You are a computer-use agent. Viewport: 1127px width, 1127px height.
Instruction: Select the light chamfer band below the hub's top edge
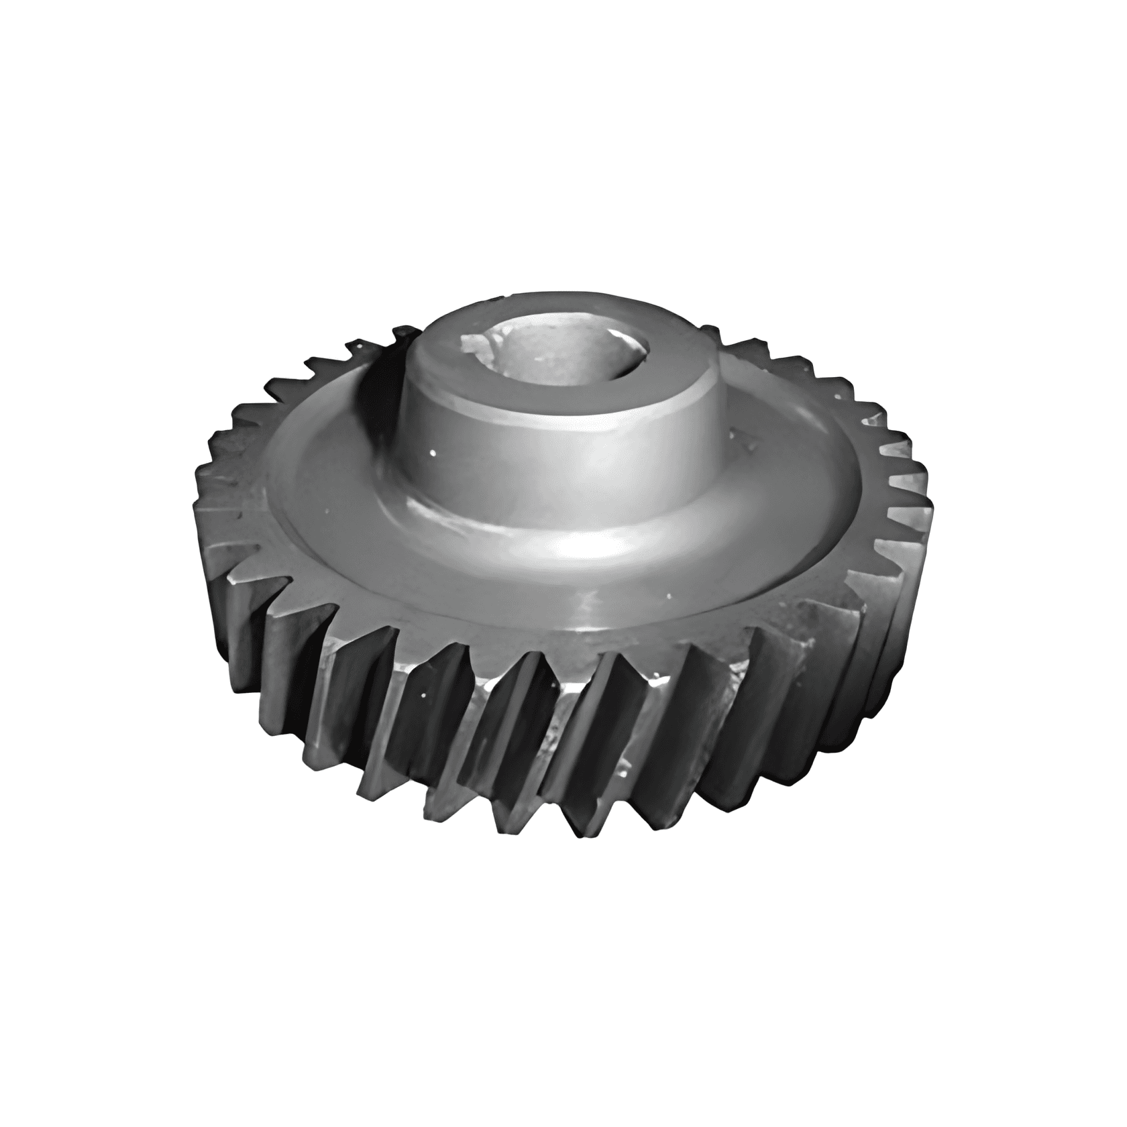[x=570, y=419]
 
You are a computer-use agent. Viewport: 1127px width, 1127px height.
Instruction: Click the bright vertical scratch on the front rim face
[x=591, y=607]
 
